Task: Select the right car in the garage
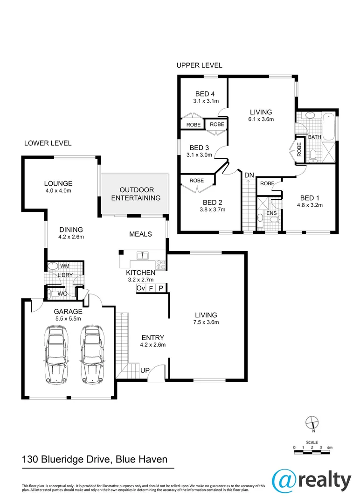click(x=92, y=354)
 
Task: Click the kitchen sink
click(x=140, y=255)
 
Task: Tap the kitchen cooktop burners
click(x=161, y=264)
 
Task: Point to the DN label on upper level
click(x=249, y=175)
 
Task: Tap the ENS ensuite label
click(x=271, y=213)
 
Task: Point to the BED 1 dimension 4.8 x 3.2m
click(x=310, y=204)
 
